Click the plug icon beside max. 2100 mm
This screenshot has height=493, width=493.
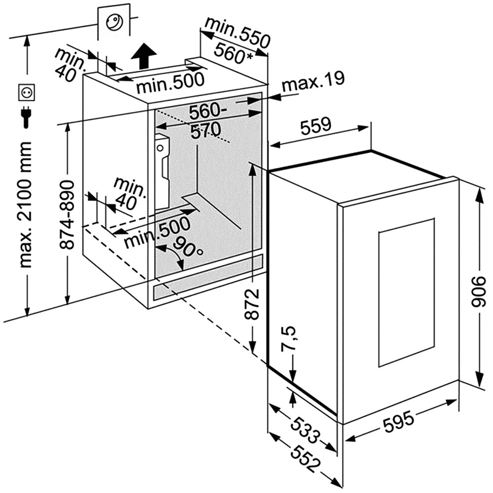coord(26,116)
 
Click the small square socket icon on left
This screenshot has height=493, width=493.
coord(26,92)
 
